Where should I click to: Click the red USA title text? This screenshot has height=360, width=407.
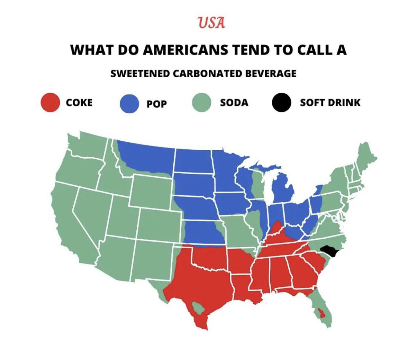coord(211,23)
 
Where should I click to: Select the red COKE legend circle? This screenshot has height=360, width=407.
coord(50,103)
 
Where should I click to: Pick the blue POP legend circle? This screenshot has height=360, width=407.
coord(129,104)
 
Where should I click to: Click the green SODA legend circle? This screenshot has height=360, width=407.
coord(202,103)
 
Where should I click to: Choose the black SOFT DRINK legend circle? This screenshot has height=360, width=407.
coord(282,103)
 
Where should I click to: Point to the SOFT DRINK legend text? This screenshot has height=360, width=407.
coord(330,103)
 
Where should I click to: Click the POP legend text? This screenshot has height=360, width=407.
coord(157,104)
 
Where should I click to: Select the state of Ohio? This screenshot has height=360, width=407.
coord(297,211)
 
